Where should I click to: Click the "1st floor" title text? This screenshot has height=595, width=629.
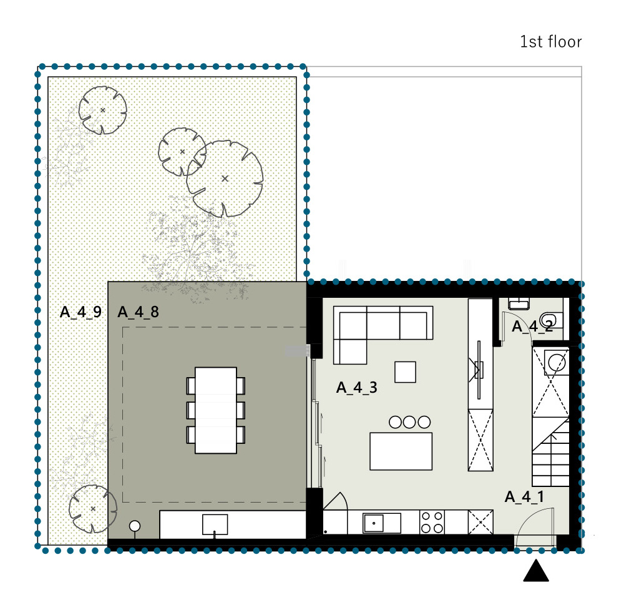pos(550,42)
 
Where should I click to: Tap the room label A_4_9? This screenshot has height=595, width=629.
pos(80,312)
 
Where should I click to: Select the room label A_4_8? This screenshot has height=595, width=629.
pos(138,312)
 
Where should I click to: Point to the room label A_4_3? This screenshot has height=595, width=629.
pos(357,388)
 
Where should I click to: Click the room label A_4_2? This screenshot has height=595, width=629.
pos(532,327)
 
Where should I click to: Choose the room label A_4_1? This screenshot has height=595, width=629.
pos(525,496)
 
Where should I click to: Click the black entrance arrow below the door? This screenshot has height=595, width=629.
pos(536,571)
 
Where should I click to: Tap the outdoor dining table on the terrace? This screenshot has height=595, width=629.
pos(216,410)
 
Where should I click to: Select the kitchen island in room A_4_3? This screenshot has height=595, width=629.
pos(401,451)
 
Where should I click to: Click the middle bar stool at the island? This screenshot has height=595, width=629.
pos(409,422)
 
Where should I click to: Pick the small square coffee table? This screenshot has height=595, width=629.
pos(405,371)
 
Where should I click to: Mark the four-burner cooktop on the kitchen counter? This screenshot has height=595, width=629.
pos(432,522)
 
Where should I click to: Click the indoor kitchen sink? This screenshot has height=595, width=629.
pos(381,523)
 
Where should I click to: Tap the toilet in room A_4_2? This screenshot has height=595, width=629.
pos(550,321)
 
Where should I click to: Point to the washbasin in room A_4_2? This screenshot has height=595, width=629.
pos(519,303)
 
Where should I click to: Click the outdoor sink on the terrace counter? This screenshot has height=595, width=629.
pos(215,524)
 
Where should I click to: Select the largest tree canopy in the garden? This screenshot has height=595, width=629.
pos(225,179)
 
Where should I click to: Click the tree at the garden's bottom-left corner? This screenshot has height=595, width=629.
pos(92,509)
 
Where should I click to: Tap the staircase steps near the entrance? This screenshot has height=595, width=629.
pos(551,451)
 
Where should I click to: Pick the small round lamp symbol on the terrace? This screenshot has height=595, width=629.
pos(135,526)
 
